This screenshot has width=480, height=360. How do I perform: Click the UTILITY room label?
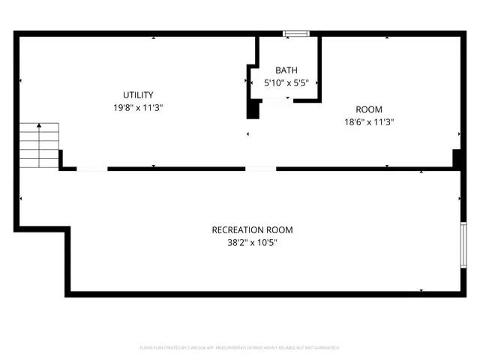[x=139, y=95]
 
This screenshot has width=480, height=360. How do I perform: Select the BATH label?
[x=286, y=70]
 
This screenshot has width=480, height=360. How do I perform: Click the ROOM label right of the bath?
[x=368, y=109]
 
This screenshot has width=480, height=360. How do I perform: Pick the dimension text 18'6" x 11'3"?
[x=369, y=122]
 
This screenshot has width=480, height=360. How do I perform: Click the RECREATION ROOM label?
[x=252, y=230]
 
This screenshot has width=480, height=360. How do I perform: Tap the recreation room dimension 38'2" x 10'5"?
[x=252, y=242]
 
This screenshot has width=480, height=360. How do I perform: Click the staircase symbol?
[x=39, y=145]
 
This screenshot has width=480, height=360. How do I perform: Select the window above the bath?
[x=295, y=33]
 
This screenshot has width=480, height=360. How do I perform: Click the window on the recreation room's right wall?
[x=463, y=244]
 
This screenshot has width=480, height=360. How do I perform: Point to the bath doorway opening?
[x=277, y=100]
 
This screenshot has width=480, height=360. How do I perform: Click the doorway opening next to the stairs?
[x=91, y=169]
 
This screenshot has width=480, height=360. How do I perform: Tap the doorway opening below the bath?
[x=260, y=169]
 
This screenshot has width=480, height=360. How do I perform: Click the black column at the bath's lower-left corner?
[x=253, y=109]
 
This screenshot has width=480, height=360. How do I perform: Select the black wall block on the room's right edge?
[x=457, y=158]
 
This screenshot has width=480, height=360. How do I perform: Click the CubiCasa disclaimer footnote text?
[x=240, y=348]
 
